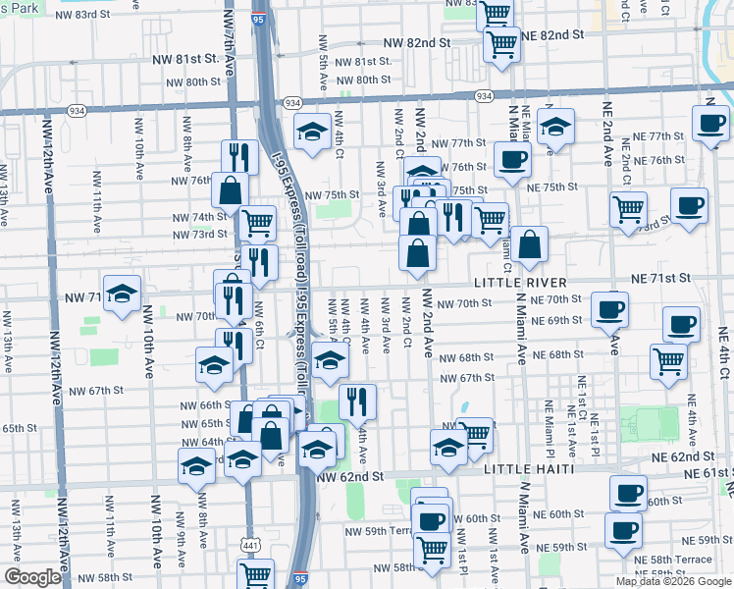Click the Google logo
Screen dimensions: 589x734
point(31,577)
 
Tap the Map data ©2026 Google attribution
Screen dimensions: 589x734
point(672,581)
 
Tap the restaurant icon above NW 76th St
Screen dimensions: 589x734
point(236,155)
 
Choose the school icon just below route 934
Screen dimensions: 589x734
point(312,131)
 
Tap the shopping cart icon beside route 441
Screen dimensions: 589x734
point(255,572)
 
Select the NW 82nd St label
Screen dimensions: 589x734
point(415,43)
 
